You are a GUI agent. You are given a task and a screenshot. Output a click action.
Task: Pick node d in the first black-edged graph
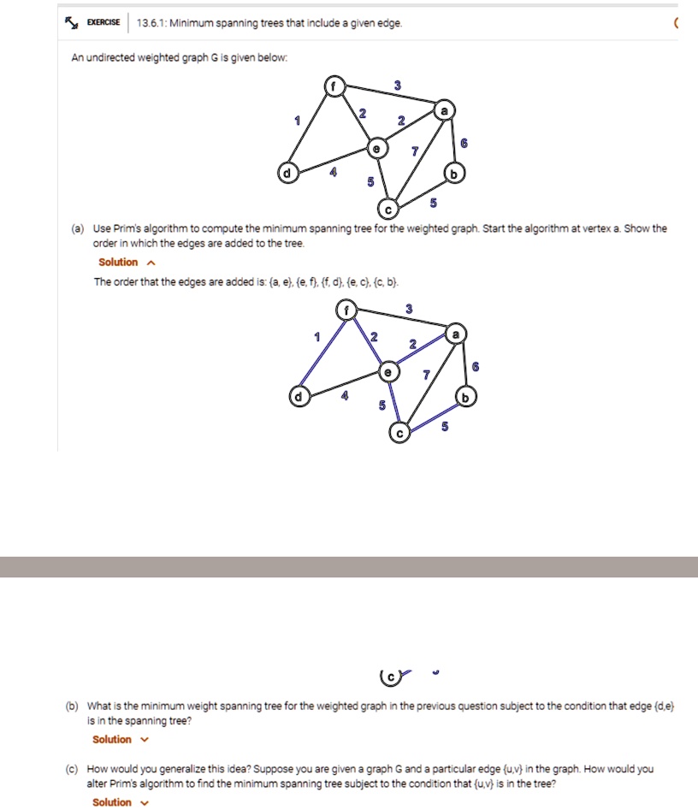(287, 174)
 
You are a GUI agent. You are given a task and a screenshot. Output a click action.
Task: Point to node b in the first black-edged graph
(453, 174)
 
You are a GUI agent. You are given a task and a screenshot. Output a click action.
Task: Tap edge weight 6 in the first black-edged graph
(464, 144)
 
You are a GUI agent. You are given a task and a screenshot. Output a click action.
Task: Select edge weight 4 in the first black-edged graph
(334, 173)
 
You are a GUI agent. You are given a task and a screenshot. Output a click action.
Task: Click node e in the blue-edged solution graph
(389, 372)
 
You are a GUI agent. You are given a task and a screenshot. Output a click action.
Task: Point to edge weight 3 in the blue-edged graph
(409, 308)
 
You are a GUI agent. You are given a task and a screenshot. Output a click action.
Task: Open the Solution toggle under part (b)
(120, 740)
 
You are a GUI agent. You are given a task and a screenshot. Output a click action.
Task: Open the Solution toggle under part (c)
(120, 802)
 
